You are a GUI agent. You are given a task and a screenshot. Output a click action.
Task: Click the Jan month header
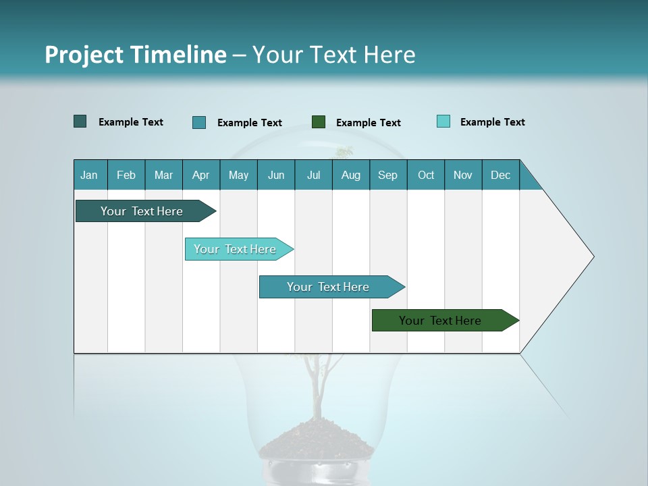pyautogui.click(x=90, y=175)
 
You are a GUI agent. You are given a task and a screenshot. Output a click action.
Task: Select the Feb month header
pyautogui.click(x=126, y=175)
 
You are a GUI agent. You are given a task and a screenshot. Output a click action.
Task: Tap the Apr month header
pyautogui.click(x=201, y=175)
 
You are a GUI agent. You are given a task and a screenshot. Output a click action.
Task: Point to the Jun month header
pyautogui.click(x=276, y=175)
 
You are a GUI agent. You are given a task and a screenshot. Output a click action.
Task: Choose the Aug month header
pyautogui.click(x=351, y=175)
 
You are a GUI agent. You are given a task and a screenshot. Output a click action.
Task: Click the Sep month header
pyautogui.click(x=388, y=175)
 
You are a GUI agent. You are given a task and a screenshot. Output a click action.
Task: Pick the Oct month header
pyautogui.click(x=426, y=175)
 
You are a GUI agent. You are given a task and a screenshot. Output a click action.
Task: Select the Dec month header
pyautogui.click(x=501, y=175)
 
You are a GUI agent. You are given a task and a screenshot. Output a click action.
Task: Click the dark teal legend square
pyautogui.click(x=80, y=122)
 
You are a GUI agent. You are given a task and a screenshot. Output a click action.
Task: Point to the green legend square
pyautogui.click(x=319, y=122)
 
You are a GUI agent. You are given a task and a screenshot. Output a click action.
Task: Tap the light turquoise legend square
pyautogui.click(x=443, y=122)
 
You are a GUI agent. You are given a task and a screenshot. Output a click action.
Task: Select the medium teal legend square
pyautogui.click(x=199, y=122)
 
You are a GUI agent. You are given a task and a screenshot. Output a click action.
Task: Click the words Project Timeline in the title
pyautogui.click(x=135, y=55)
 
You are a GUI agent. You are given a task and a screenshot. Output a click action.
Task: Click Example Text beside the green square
pyautogui.click(x=368, y=123)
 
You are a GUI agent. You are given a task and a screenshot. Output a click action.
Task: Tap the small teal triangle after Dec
pyautogui.click(x=529, y=180)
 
